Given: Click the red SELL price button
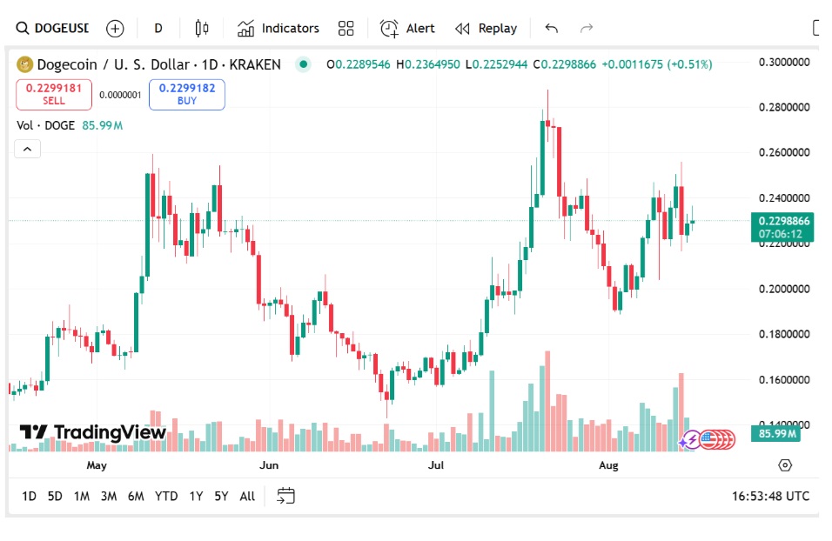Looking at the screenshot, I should tap(53, 94).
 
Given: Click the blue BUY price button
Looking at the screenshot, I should tap(186, 94).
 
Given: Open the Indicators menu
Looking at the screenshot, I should tap(278, 29).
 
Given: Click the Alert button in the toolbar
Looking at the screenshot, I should tap(407, 29).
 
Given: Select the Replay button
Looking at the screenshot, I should tap(486, 29).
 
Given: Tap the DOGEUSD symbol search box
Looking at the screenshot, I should tap(52, 29).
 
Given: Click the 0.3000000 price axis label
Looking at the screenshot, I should tap(785, 63).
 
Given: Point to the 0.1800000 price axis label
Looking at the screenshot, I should tap(785, 334).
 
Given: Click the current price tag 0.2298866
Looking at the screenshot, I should tap(784, 221).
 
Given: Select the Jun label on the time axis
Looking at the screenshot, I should tap(269, 465).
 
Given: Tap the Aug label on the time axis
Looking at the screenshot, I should tap(608, 465).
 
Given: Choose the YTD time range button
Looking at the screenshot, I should tap(166, 496).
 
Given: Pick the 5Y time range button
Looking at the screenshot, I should tap(221, 496).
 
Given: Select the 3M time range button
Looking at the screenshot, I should tap(108, 496).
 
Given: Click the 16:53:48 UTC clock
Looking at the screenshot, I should tap(770, 496).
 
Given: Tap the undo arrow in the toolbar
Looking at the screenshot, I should tap(551, 29).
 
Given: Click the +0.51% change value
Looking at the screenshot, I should tap(689, 64).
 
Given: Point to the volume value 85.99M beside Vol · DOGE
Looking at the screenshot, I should tap(102, 125).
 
